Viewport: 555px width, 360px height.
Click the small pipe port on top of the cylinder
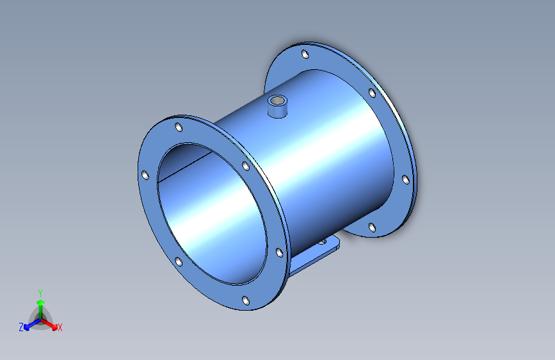pyautogui.click(x=277, y=106)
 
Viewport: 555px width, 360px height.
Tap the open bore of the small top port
pyautogui.click(x=277, y=101)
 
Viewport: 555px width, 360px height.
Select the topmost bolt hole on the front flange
pyautogui.click(x=179, y=127)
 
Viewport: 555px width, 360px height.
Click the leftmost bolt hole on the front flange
pyautogui.click(x=145, y=175)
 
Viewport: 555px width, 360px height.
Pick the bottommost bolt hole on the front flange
pyautogui.click(x=246, y=301)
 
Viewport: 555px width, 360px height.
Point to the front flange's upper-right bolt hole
pyautogui.click(x=246, y=166)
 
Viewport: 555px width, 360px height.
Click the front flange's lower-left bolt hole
pyautogui.click(x=179, y=262)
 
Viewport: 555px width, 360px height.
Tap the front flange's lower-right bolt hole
pyautogui.click(x=279, y=252)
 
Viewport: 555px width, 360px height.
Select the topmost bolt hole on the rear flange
pyautogui.click(x=305, y=54)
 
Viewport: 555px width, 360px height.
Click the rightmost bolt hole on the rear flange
pyautogui.click(x=406, y=179)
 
